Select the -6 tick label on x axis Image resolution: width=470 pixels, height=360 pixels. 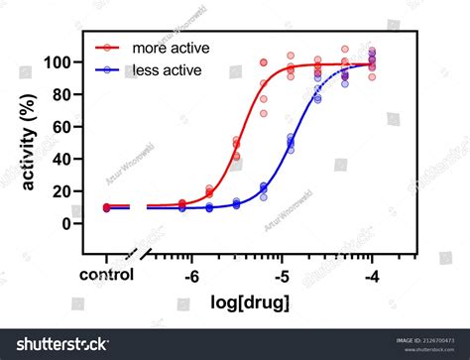(x=192, y=277)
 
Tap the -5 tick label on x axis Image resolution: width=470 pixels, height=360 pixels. (x=283, y=277)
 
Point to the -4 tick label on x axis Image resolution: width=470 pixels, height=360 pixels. (x=372, y=277)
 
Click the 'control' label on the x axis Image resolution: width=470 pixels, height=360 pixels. (x=107, y=277)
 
